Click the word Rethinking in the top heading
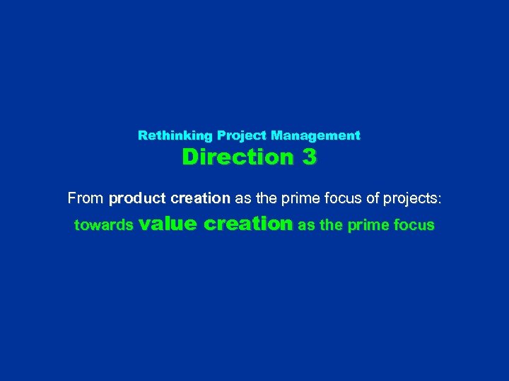[175, 135]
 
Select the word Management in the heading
[315, 135]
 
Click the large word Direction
[236, 157]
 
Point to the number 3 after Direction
[309, 157]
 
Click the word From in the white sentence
[85, 198]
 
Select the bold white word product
[137, 198]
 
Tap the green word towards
[104, 226]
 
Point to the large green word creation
[247, 224]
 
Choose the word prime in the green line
[365, 226]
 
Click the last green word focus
[414, 226]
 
